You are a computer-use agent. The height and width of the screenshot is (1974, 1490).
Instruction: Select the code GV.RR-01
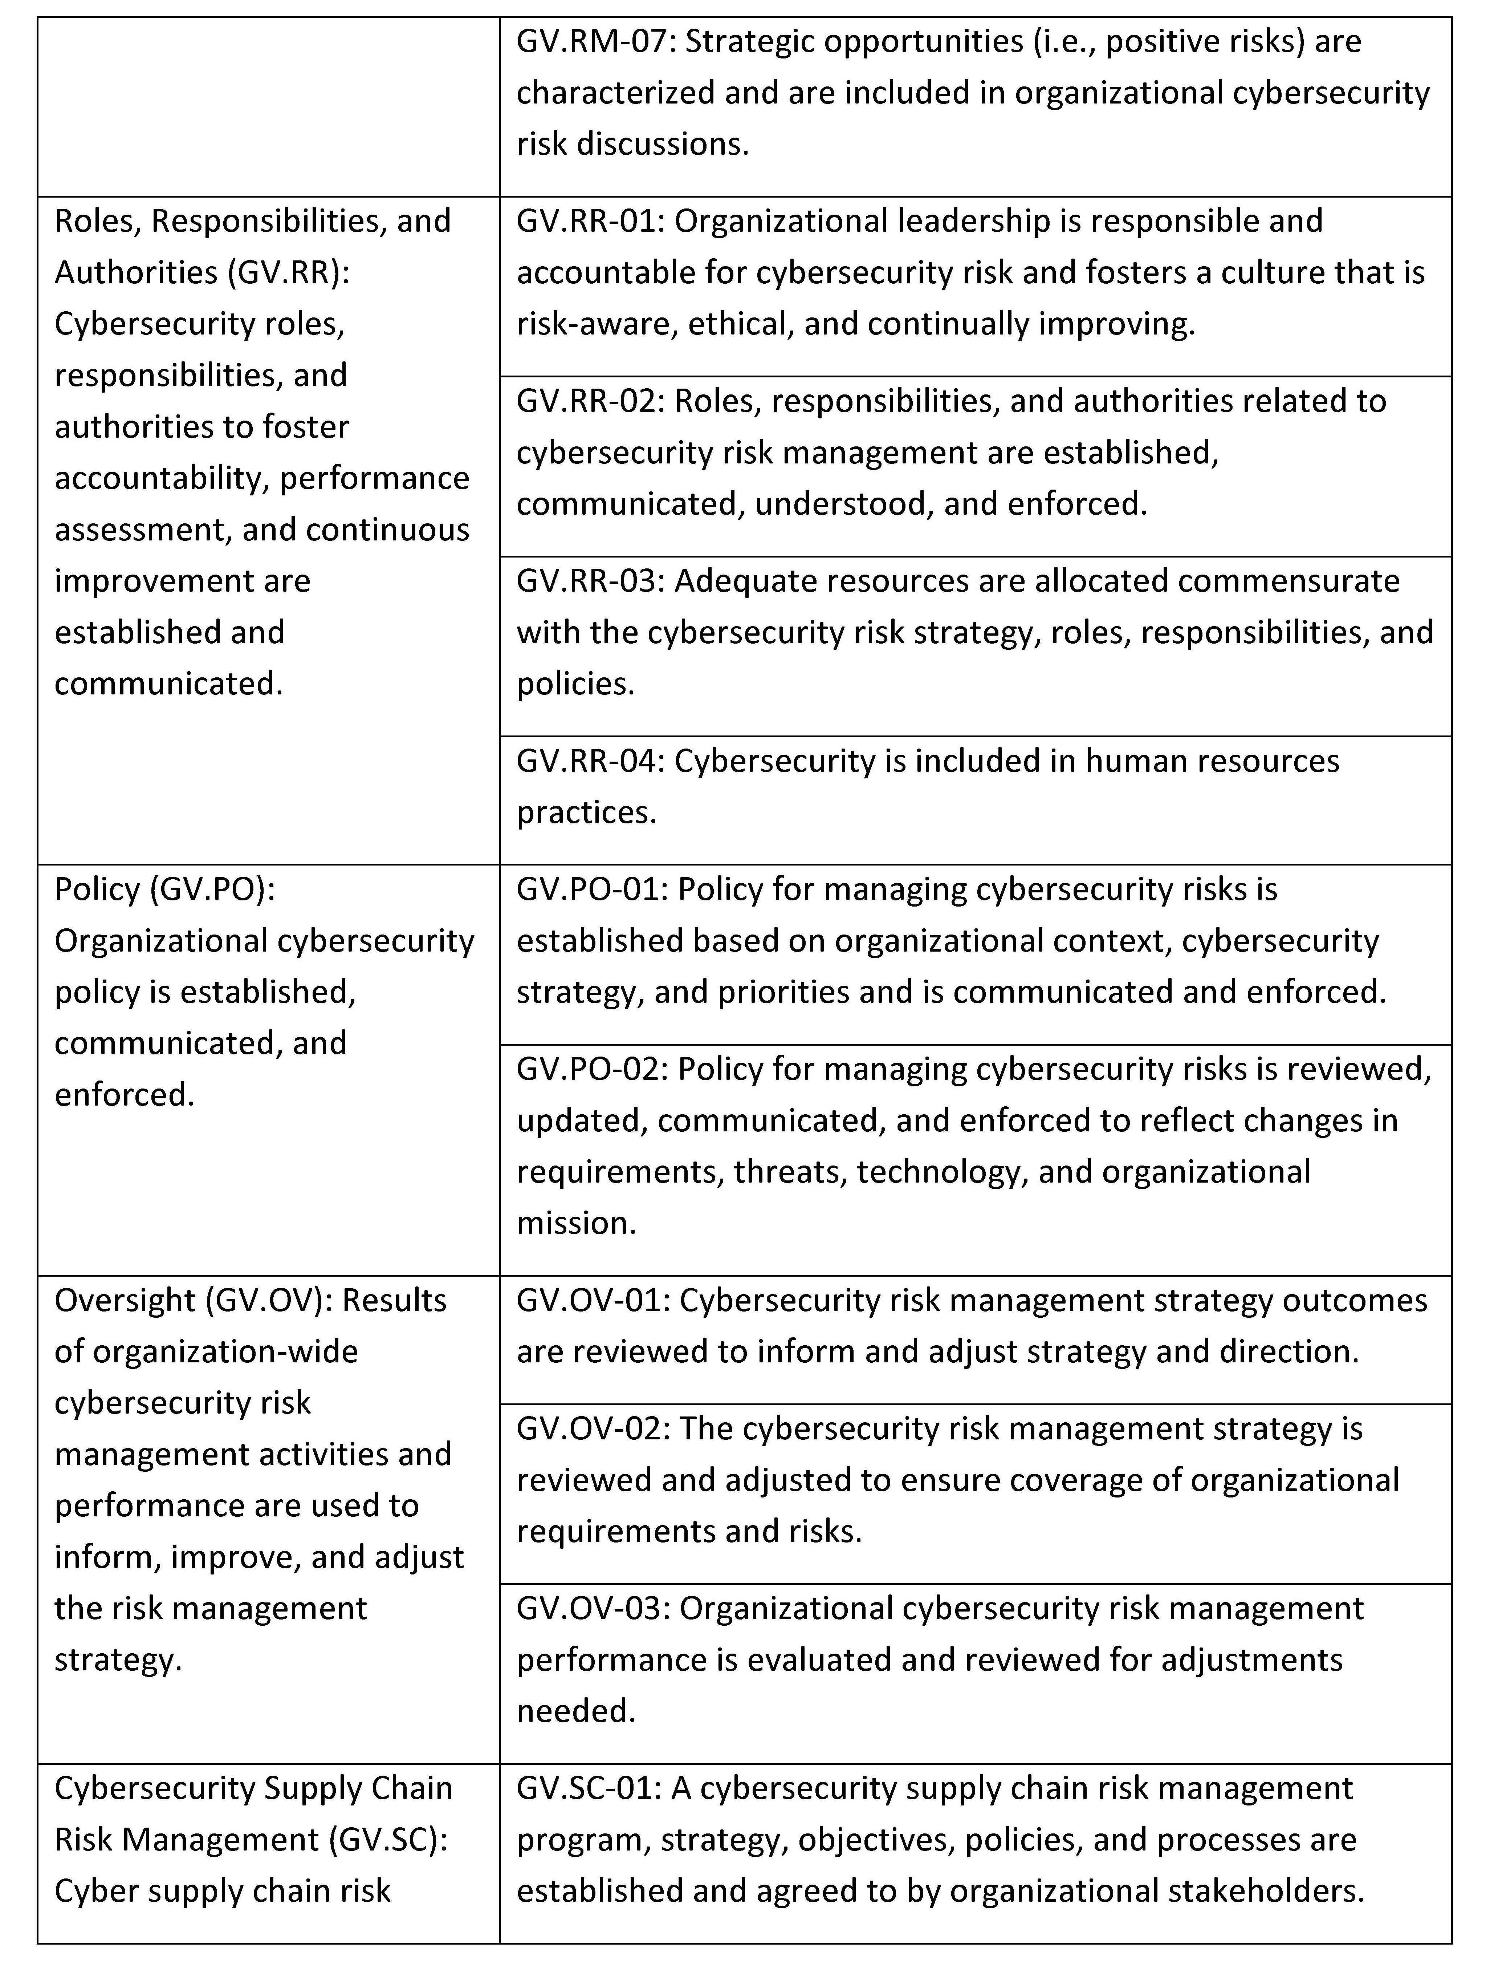click(589, 221)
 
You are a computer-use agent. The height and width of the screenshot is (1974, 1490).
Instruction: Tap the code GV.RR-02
click(589, 402)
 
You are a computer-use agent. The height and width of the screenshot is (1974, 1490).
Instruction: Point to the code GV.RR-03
click(589, 581)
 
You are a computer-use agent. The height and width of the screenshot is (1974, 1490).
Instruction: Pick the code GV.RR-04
click(589, 761)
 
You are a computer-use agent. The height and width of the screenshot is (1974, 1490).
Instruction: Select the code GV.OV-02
click(591, 1429)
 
